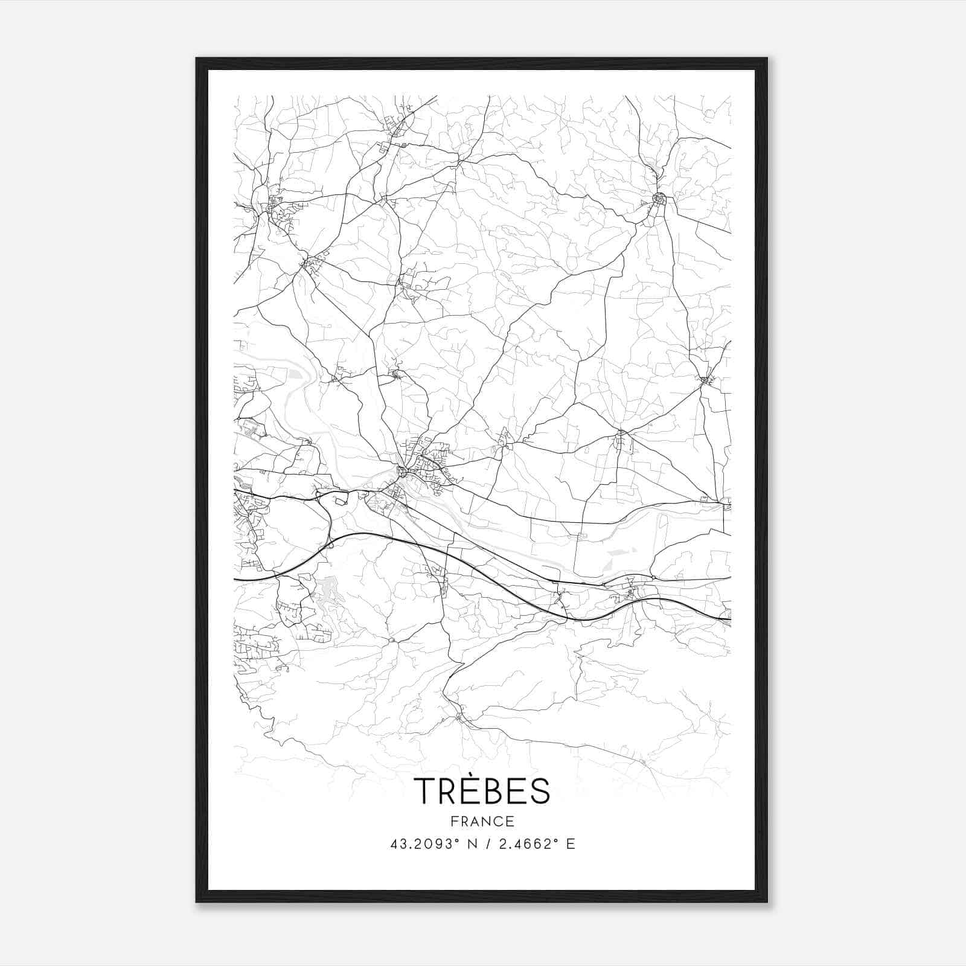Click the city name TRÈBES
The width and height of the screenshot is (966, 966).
click(x=482, y=791)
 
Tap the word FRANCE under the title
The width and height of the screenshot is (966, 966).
click(x=482, y=821)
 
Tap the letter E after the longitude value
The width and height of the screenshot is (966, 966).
click(x=570, y=844)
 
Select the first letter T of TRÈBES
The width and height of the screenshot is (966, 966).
click(x=424, y=791)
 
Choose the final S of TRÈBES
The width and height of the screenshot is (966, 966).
click(x=540, y=791)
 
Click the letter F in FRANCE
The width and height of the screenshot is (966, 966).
click(x=453, y=821)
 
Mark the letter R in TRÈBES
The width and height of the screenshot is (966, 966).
click(x=448, y=791)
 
